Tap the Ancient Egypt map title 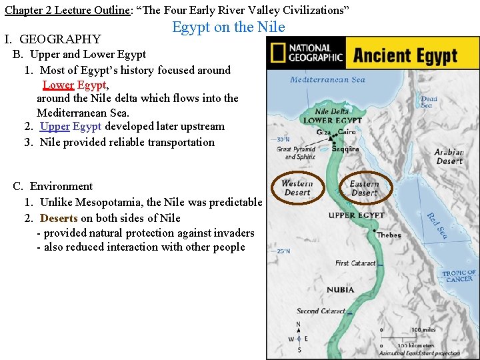click(x=405, y=55)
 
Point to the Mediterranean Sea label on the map click(x=327, y=80)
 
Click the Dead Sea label click(x=429, y=102)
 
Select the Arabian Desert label click(x=449, y=157)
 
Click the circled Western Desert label click(x=297, y=188)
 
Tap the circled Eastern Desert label click(x=364, y=188)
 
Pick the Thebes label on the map click(x=389, y=235)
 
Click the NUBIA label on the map click(x=341, y=290)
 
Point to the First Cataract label click(x=355, y=263)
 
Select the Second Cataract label click(x=321, y=311)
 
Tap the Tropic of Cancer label click(x=459, y=276)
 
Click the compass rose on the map click(x=299, y=337)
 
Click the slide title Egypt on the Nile click(x=229, y=27)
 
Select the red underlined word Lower click(x=58, y=85)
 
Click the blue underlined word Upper click(x=55, y=126)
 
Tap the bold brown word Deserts click(x=59, y=218)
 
